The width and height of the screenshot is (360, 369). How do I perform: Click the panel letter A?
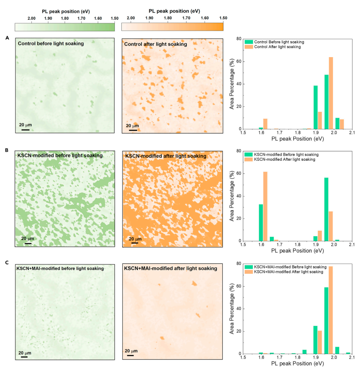[7, 38]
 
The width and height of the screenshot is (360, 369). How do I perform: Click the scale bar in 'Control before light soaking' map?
[25, 129]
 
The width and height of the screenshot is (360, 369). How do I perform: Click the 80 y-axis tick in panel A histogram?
[240, 39]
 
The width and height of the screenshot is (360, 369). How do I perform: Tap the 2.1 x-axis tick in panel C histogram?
[351, 358]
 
